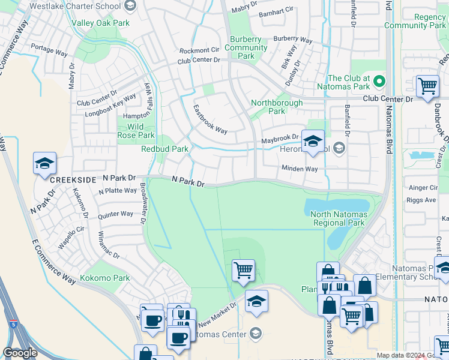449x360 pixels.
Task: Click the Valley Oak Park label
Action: (x=100, y=23)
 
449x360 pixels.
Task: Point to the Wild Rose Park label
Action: (x=135, y=131)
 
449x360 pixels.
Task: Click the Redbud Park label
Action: (x=164, y=149)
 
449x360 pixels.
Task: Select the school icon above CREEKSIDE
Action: (x=45, y=164)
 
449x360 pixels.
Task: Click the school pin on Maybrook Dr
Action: (x=312, y=142)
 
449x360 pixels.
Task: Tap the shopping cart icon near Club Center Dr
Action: (x=427, y=86)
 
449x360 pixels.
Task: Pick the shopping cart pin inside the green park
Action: (x=243, y=270)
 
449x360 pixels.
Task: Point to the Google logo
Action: (x=20, y=353)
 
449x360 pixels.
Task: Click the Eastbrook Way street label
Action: (x=210, y=119)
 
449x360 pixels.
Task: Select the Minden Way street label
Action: (x=300, y=169)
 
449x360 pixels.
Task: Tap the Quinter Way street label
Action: (x=116, y=214)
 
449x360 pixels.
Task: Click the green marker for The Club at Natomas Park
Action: (x=379, y=80)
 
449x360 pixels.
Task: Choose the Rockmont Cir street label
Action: (x=199, y=50)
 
